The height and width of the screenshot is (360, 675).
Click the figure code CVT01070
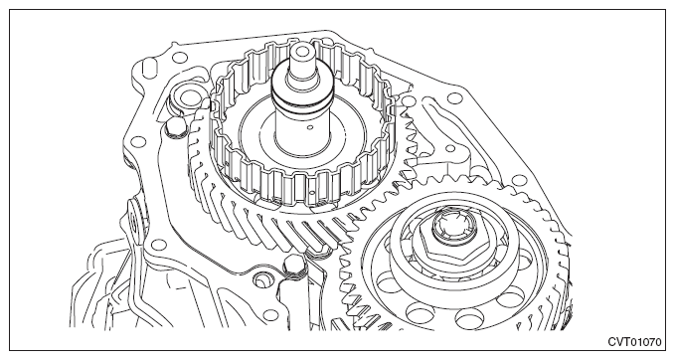pos(634,342)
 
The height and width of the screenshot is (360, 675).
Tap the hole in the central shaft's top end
pos(302,52)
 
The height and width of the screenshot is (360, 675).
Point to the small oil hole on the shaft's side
pos(310,127)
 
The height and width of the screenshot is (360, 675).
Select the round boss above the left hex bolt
pos(187,97)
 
